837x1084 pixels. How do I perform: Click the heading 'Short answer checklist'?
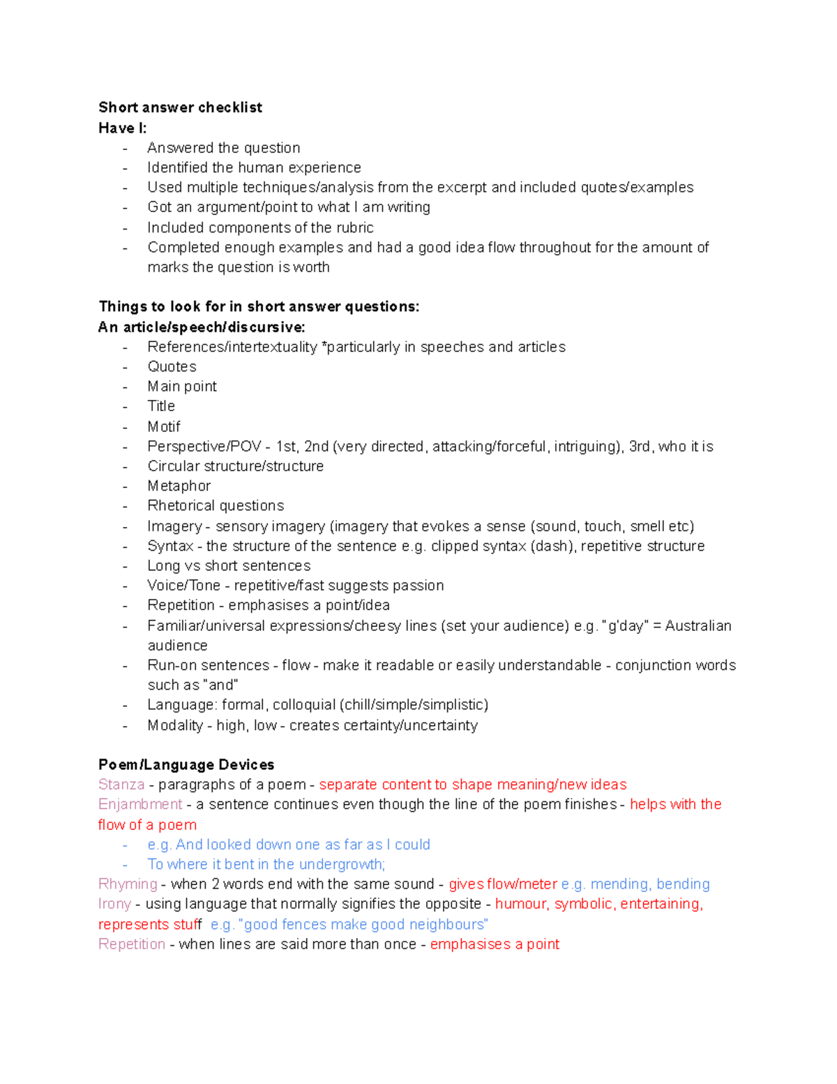pos(180,107)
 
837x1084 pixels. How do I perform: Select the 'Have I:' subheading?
pos(123,128)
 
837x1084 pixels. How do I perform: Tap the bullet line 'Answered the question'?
pos(223,148)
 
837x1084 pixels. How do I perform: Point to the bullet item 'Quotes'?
pos(172,366)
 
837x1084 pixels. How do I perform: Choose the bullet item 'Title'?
pos(161,406)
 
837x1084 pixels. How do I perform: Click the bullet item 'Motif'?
pos(164,426)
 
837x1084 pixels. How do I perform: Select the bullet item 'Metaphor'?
pos(179,486)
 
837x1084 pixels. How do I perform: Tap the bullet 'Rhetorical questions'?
pos(216,505)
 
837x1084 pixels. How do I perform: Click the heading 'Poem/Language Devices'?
pos(186,764)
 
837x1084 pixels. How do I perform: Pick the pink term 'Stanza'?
pos(121,785)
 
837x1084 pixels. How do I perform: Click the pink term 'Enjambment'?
pos(140,804)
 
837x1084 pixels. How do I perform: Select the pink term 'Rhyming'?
pos(128,884)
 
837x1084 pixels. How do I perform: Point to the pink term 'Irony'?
pos(114,904)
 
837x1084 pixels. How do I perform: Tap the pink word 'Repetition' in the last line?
pos(132,944)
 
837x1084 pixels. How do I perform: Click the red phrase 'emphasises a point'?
pos(495,944)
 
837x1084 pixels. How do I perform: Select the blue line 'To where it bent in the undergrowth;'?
pos(266,864)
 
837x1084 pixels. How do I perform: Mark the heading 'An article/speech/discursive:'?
pos(202,327)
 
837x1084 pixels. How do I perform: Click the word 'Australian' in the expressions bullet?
pos(698,625)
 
